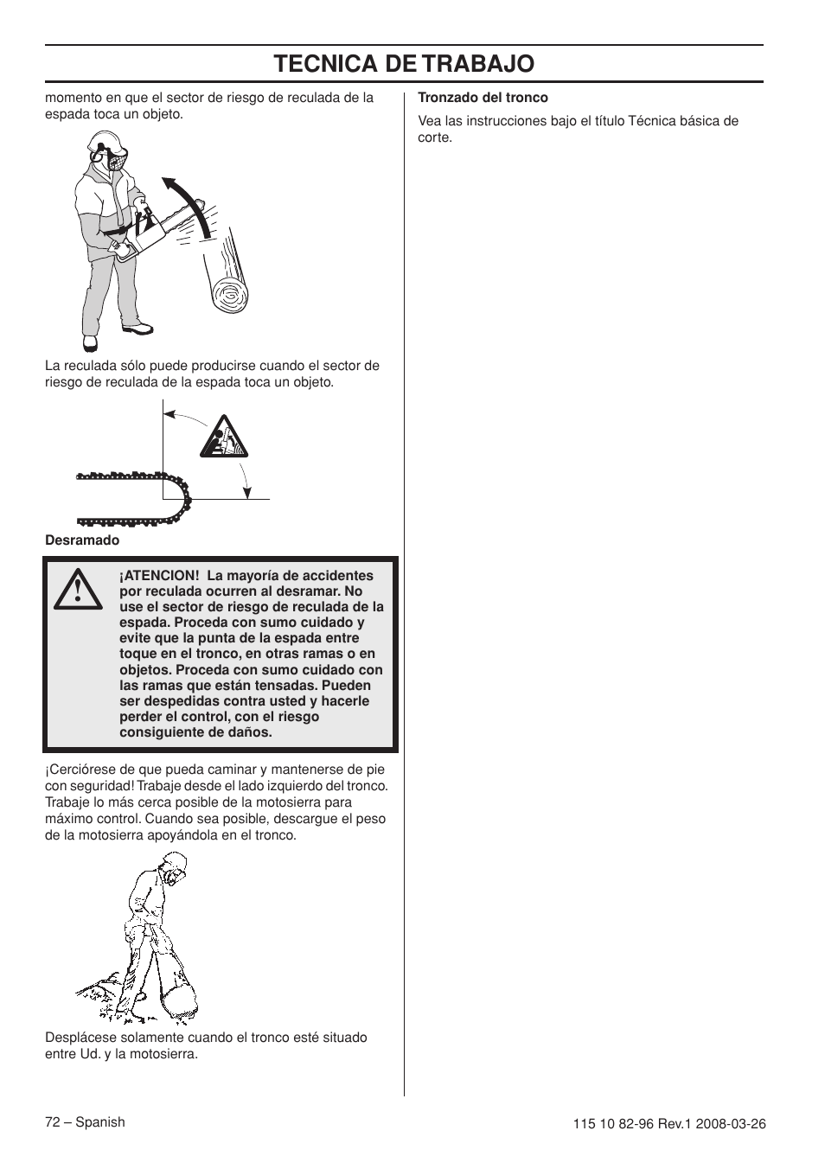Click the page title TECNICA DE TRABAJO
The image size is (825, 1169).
(404, 64)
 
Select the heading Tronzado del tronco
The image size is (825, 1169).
(483, 98)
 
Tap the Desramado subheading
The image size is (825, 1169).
(82, 540)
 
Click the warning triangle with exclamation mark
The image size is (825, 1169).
(78, 591)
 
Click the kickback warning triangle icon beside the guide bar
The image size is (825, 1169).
(224, 438)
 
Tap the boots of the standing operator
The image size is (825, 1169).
(137, 329)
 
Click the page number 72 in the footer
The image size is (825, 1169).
(53, 1122)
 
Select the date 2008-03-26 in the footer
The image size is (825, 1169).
(733, 1124)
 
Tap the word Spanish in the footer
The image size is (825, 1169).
(100, 1122)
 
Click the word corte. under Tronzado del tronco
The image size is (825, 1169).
(435, 137)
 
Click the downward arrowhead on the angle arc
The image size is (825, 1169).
(247, 492)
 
